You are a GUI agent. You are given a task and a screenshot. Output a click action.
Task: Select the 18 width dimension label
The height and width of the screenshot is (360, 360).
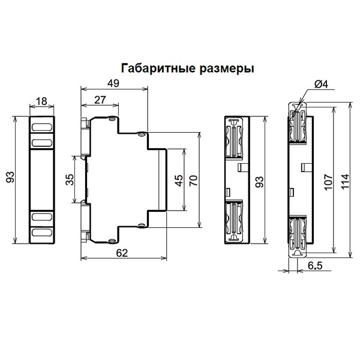41,101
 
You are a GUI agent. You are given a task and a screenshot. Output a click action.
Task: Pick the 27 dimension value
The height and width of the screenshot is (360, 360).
100,101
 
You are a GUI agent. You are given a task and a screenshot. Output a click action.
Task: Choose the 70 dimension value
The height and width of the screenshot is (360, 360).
193,181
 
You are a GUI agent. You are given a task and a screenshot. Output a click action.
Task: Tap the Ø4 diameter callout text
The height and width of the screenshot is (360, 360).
321,85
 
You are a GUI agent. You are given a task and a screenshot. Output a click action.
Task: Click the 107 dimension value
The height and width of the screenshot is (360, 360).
326,181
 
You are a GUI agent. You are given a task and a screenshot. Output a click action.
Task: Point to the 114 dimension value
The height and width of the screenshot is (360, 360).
344,181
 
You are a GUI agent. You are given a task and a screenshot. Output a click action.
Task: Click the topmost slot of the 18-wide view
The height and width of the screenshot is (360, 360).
41,127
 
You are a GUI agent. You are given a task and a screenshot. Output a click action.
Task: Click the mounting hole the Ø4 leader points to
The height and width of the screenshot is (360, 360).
296,108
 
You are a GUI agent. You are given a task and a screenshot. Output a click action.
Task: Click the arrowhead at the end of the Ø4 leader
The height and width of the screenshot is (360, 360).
298,106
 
